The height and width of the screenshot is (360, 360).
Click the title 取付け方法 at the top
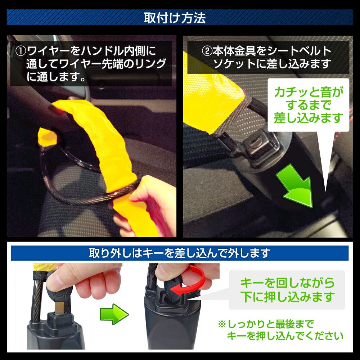[x=175, y=18]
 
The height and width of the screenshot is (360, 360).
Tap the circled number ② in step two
[x=207, y=51]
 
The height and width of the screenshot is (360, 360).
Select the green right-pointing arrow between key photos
[x=114, y=314]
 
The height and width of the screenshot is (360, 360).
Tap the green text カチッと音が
[x=309, y=92]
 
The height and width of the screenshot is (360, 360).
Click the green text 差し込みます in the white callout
[x=309, y=118]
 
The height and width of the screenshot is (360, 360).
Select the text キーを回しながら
[x=287, y=283]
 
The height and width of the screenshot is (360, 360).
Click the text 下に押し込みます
[x=287, y=297]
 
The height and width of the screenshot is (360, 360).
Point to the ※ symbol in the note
[x=222, y=324]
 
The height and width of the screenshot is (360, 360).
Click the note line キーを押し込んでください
[x=285, y=336]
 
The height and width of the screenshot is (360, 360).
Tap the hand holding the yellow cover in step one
[x=147, y=202]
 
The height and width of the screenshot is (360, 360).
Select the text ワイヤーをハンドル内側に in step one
[x=91, y=51]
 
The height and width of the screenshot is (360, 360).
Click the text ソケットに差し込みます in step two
[x=272, y=64]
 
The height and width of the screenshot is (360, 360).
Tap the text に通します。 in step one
[x=56, y=77]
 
